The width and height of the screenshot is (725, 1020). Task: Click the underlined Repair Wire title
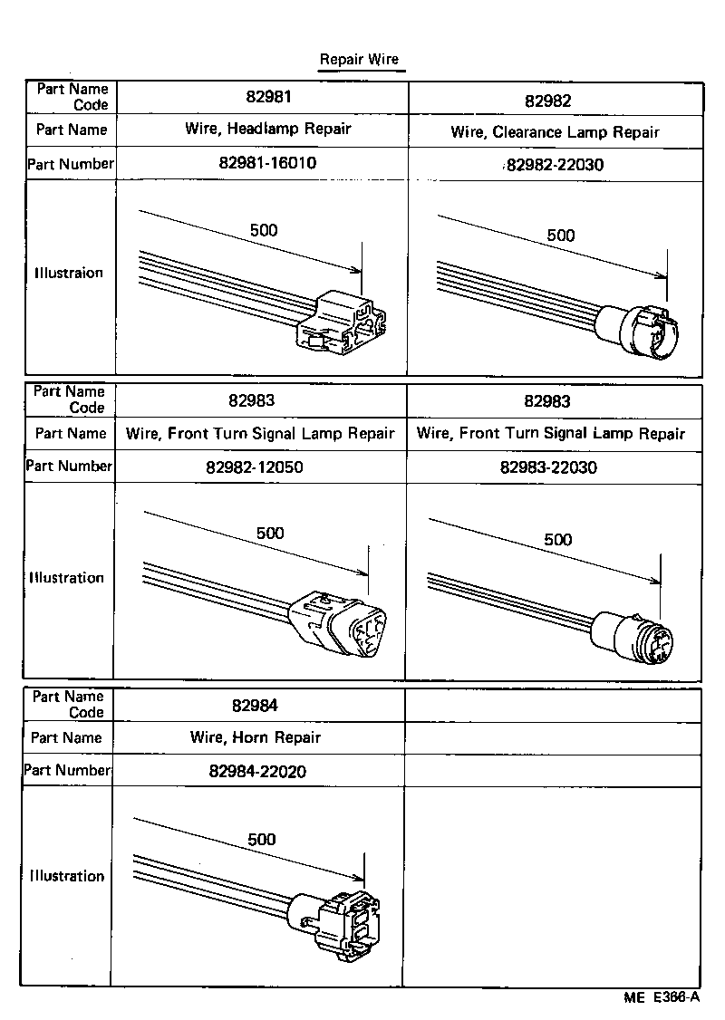click(x=358, y=60)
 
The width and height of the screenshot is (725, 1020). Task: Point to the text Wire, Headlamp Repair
click(x=267, y=129)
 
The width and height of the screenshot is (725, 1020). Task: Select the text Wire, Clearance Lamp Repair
click(x=555, y=132)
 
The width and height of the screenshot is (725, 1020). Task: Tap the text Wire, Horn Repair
click(x=256, y=737)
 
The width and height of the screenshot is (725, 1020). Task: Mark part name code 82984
click(x=255, y=706)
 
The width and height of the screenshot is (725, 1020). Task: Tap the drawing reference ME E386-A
click(x=662, y=997)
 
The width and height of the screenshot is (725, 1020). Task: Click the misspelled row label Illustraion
click(x=69, y=273)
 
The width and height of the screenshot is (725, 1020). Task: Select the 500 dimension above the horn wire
click(x=261, y=840)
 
